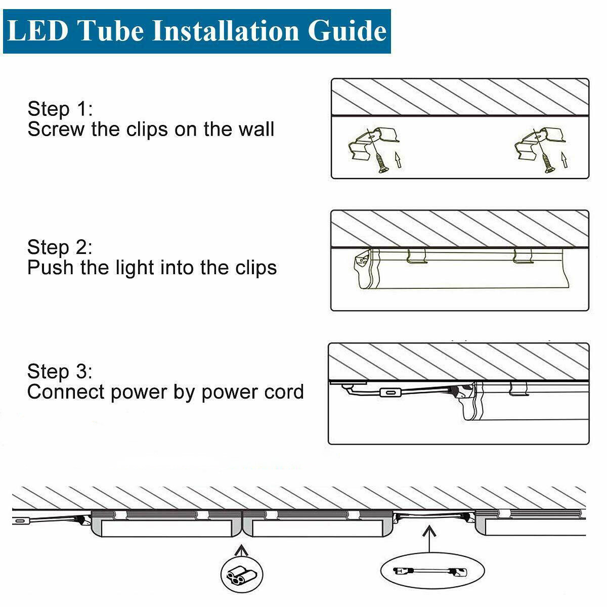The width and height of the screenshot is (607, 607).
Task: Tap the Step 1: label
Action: [60, 109]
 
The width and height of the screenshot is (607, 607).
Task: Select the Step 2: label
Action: [60, 247]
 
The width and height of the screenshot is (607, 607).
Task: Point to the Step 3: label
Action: [60, 371]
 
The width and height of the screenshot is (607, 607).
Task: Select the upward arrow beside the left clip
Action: [399, 161]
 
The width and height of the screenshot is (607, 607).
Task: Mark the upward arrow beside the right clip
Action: [565, 161]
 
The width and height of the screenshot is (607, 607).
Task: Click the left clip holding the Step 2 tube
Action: [417, 256]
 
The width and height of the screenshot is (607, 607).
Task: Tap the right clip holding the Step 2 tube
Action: [522, 256]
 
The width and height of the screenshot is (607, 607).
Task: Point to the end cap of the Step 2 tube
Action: [363, 271]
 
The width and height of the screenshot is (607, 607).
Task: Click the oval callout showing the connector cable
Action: [428, 572]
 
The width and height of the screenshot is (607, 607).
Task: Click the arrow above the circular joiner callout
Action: [242, 549]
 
